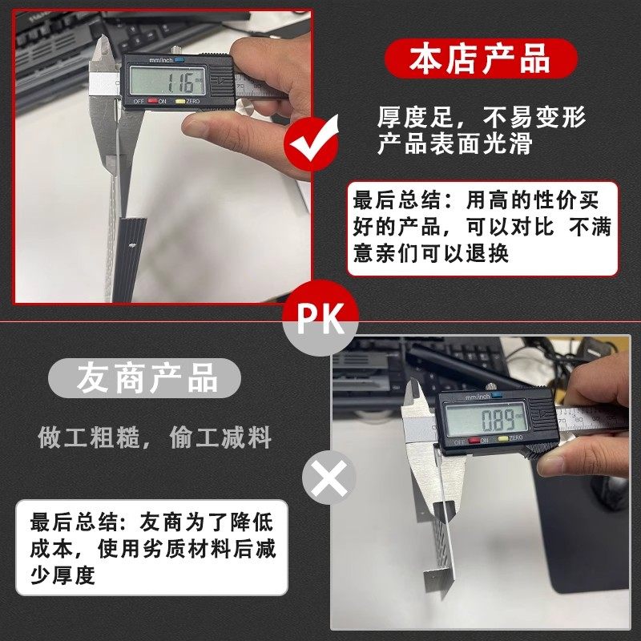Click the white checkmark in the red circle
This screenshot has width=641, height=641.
point(312,144)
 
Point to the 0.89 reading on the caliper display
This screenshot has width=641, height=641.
point(492,418)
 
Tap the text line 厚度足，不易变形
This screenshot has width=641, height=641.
point(482,118)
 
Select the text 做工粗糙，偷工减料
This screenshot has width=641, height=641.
point(155,437)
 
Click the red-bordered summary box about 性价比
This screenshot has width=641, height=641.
point(483,228)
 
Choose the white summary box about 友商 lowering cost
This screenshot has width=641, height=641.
point(151,548)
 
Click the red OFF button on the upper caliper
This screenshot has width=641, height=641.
point(139,102)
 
